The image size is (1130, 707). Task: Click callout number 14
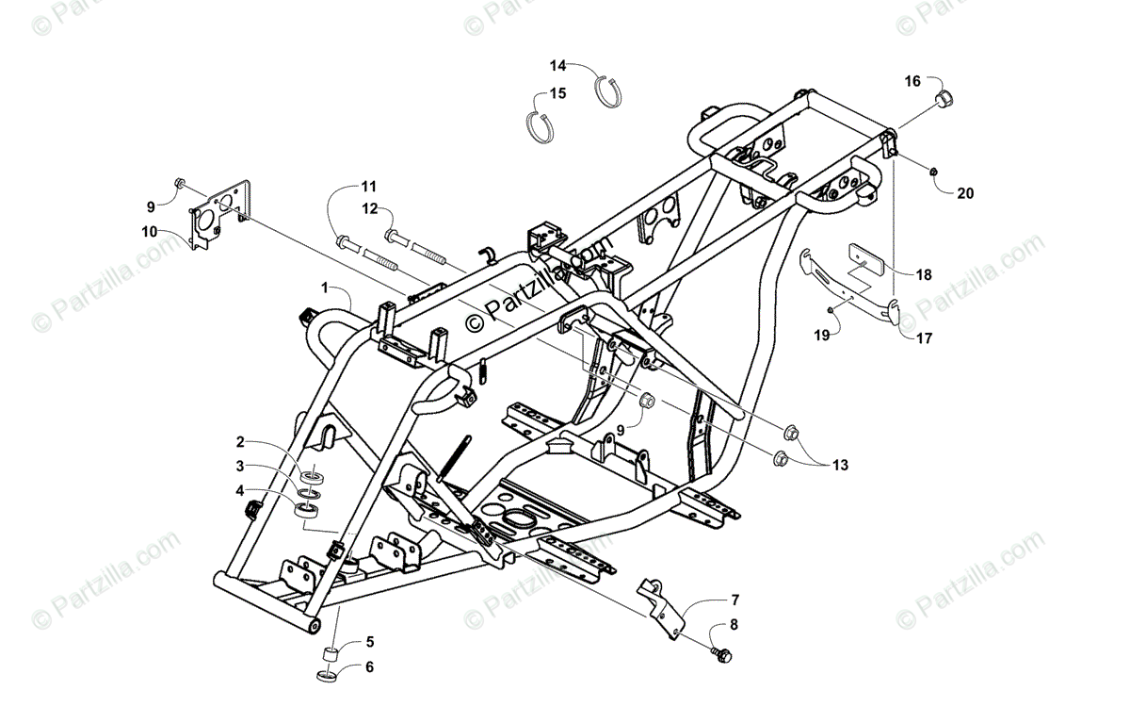click(558, 65)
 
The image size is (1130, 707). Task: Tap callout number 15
click(558, 93)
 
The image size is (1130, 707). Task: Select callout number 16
click(912, 81)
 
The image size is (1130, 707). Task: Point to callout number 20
click(965, 193)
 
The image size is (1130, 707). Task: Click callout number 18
click(924, 274)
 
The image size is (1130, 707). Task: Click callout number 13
click(839, 465)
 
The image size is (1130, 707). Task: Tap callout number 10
click(150, 232)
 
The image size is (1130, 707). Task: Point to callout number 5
click(369, 642)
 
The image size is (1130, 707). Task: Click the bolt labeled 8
click(723, 652)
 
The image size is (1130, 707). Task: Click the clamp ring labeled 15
click(541, 125)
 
